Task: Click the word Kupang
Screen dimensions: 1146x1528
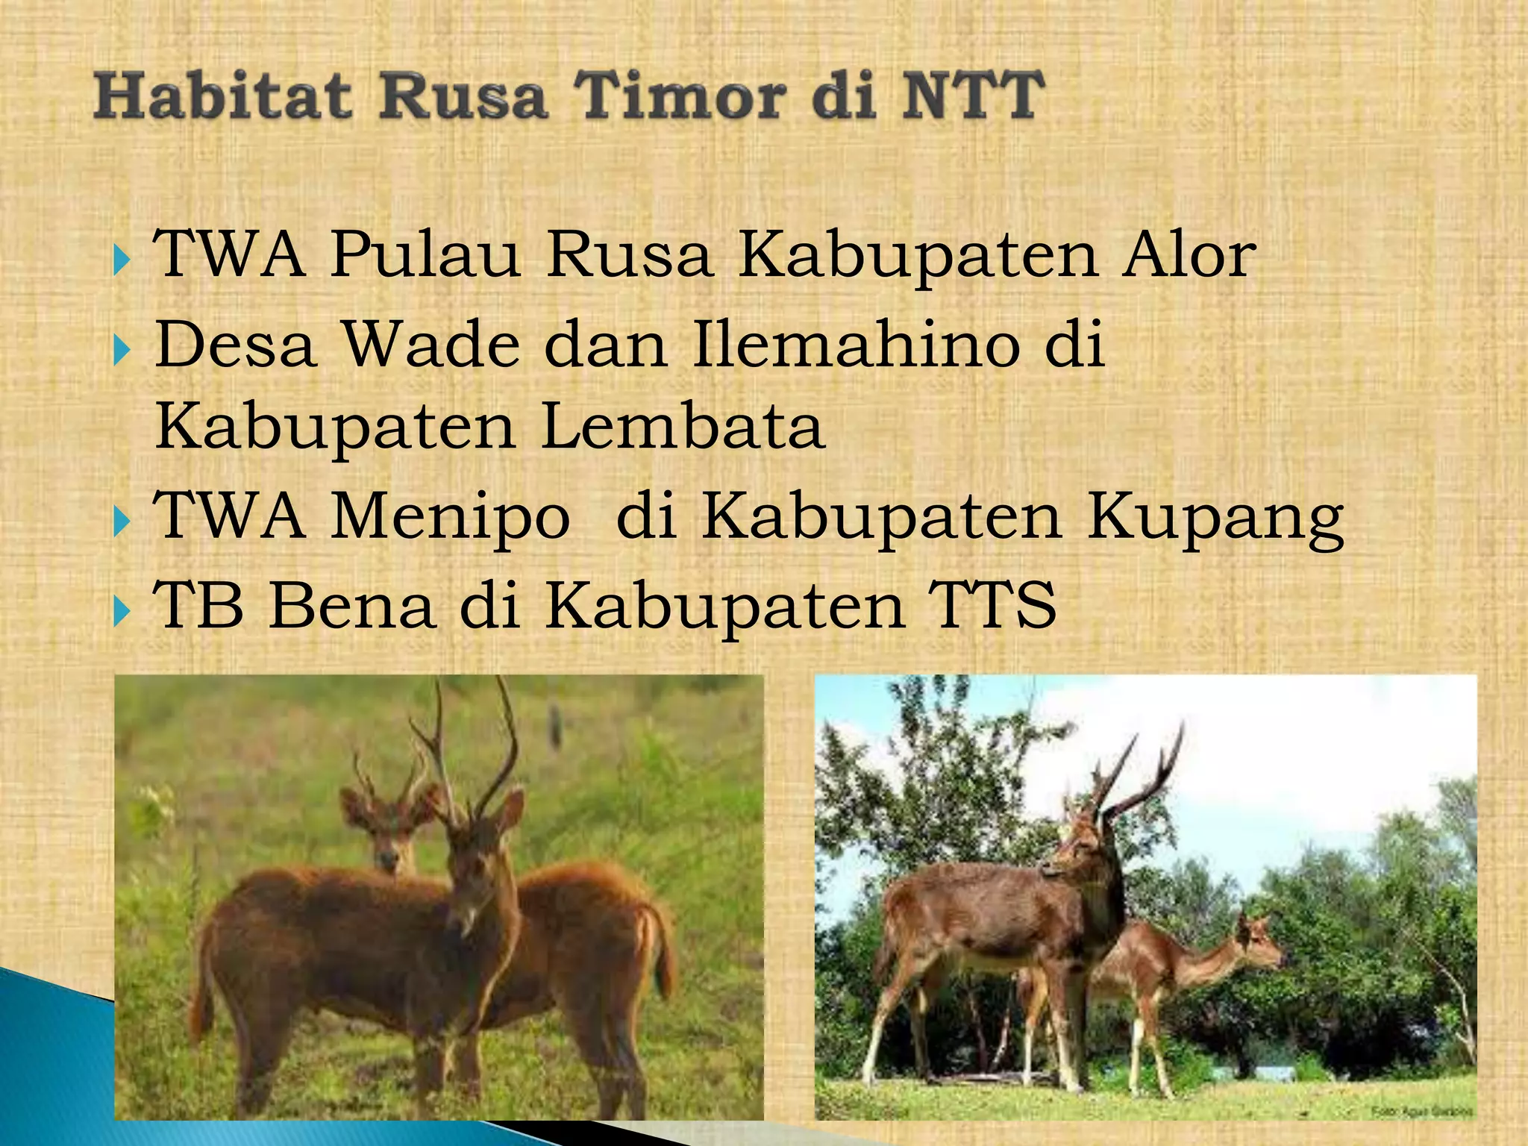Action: coord(1215,519)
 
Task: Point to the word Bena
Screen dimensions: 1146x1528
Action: coord(351,606)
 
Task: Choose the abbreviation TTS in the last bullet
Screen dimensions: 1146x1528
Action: coord(992,606)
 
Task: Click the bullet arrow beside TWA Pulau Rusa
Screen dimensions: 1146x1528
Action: coord(122,261)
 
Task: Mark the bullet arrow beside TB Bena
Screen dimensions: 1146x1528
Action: coord(122,612)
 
